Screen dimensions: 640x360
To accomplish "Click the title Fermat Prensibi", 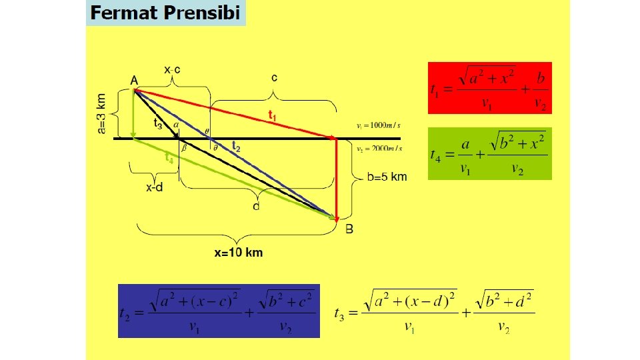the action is click(x=165, y=13).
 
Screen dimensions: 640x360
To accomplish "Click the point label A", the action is click(x=134, y=81).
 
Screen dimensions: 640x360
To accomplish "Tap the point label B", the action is click(x=349, y=229).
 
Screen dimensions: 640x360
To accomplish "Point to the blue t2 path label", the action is click(x=235, y=145).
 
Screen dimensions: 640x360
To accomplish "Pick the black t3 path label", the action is click(x=158, y=123).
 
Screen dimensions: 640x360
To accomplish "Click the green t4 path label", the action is click(x=170, y=158).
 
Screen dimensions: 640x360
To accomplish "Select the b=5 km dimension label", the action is click(x=387, y=177).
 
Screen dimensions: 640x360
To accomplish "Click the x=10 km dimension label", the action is click(x=238, y=253).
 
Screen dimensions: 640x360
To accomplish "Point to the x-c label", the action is click(x=173, y=69).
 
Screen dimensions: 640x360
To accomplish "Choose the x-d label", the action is click(x=155, y=187).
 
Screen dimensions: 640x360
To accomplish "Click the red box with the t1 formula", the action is click(x=489, y=87).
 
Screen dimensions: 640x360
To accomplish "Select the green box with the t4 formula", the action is click(x=489, y=154).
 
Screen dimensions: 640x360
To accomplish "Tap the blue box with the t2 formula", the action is click(x=219, y=311).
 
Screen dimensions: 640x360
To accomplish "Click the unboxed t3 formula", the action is click(x=434, y=311).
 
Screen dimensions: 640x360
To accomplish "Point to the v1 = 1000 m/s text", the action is click(x=379, y=125).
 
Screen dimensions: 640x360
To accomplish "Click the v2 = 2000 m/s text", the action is click(x=379, y=149).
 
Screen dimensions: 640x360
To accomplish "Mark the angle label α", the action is click(x=175, y=124).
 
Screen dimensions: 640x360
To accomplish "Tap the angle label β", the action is click(x=184, y=149).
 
